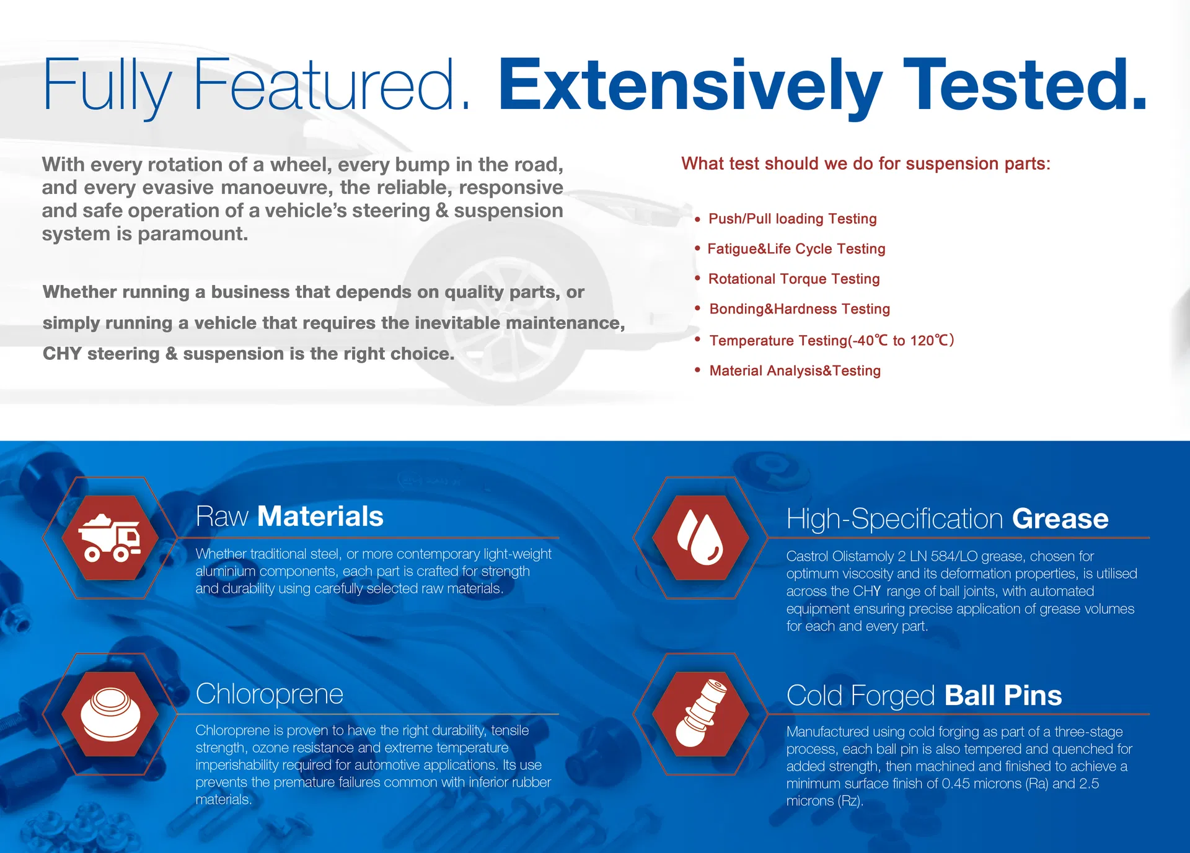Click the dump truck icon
109,537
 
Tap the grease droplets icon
700,537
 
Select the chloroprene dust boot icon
110,714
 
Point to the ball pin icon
700,713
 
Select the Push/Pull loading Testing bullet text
793,219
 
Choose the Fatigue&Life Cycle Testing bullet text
796,249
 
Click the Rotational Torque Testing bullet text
794,279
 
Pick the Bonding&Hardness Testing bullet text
800,309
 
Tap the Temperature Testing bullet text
832,341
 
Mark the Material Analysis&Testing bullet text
795,370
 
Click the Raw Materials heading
289,516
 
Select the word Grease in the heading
1060,518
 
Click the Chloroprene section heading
269,694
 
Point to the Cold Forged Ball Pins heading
924,695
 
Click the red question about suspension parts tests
866,164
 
